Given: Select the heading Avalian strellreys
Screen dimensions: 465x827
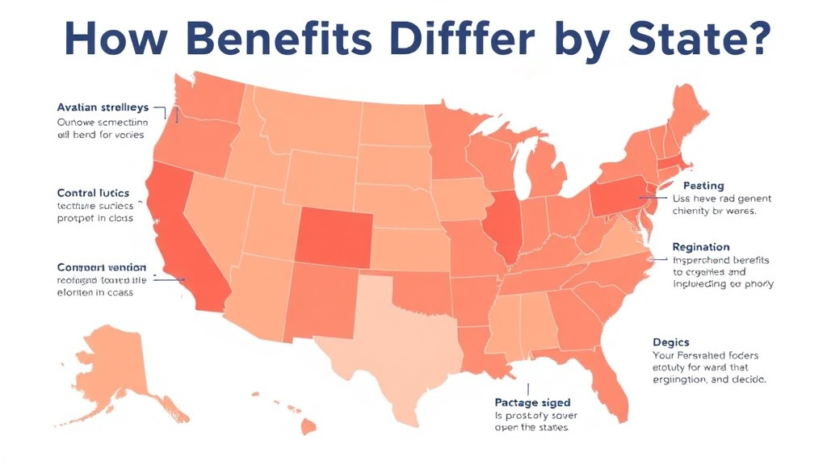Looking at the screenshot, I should [x=102, y=107].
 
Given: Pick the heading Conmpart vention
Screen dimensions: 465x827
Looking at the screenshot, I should [x=101, y=267].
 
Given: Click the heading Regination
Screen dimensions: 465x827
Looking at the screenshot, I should [x=701, y=247].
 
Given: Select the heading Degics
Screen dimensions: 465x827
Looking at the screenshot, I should [x=670, y=342].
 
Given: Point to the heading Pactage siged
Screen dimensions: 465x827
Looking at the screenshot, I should [x=531, y=402].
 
